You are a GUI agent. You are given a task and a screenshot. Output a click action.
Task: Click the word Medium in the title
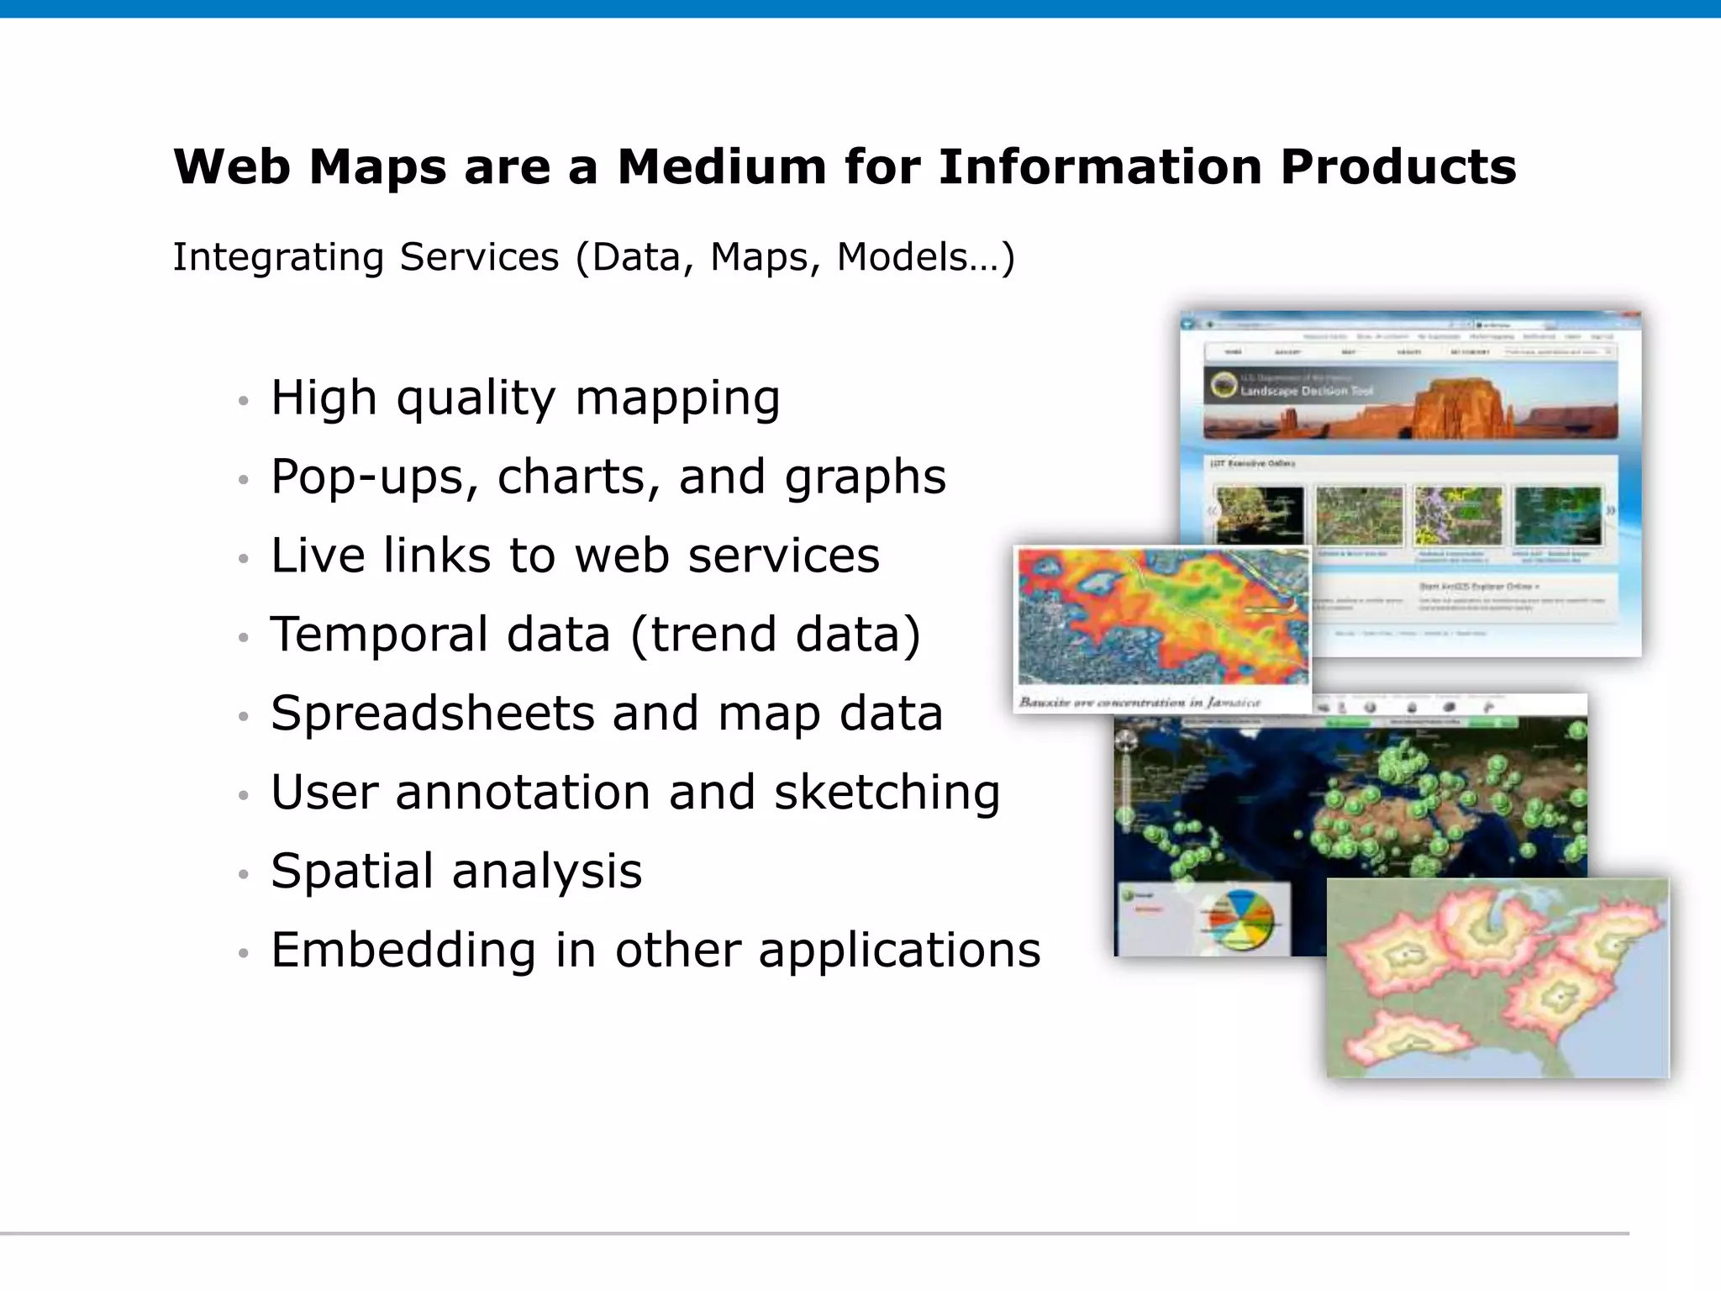[x=722, y=166]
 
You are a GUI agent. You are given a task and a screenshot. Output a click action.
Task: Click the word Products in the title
[x=1398, y=166]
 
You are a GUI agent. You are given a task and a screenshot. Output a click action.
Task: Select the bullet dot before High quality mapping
[x=244, y=401]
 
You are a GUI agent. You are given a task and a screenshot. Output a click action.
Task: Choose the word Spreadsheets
[x=432, y=714]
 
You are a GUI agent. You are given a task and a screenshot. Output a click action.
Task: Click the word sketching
[x=887, y=793]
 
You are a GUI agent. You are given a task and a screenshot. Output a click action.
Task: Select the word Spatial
[x=352, y=872]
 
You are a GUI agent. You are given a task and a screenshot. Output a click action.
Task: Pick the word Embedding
[x=403, y=951]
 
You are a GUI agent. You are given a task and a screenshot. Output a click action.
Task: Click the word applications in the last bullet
[x=899, y=951]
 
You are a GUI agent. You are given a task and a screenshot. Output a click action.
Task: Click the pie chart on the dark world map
[x=1239, y=919]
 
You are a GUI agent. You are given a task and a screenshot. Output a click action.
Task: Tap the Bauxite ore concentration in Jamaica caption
[x=1139, y=702]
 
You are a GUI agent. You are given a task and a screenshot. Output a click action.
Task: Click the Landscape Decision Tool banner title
[x=1306, y=391]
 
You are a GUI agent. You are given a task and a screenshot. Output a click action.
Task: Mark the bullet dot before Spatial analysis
[x=244, y=875]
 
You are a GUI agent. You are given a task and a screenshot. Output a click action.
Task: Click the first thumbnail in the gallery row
[x=1259, y=514]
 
